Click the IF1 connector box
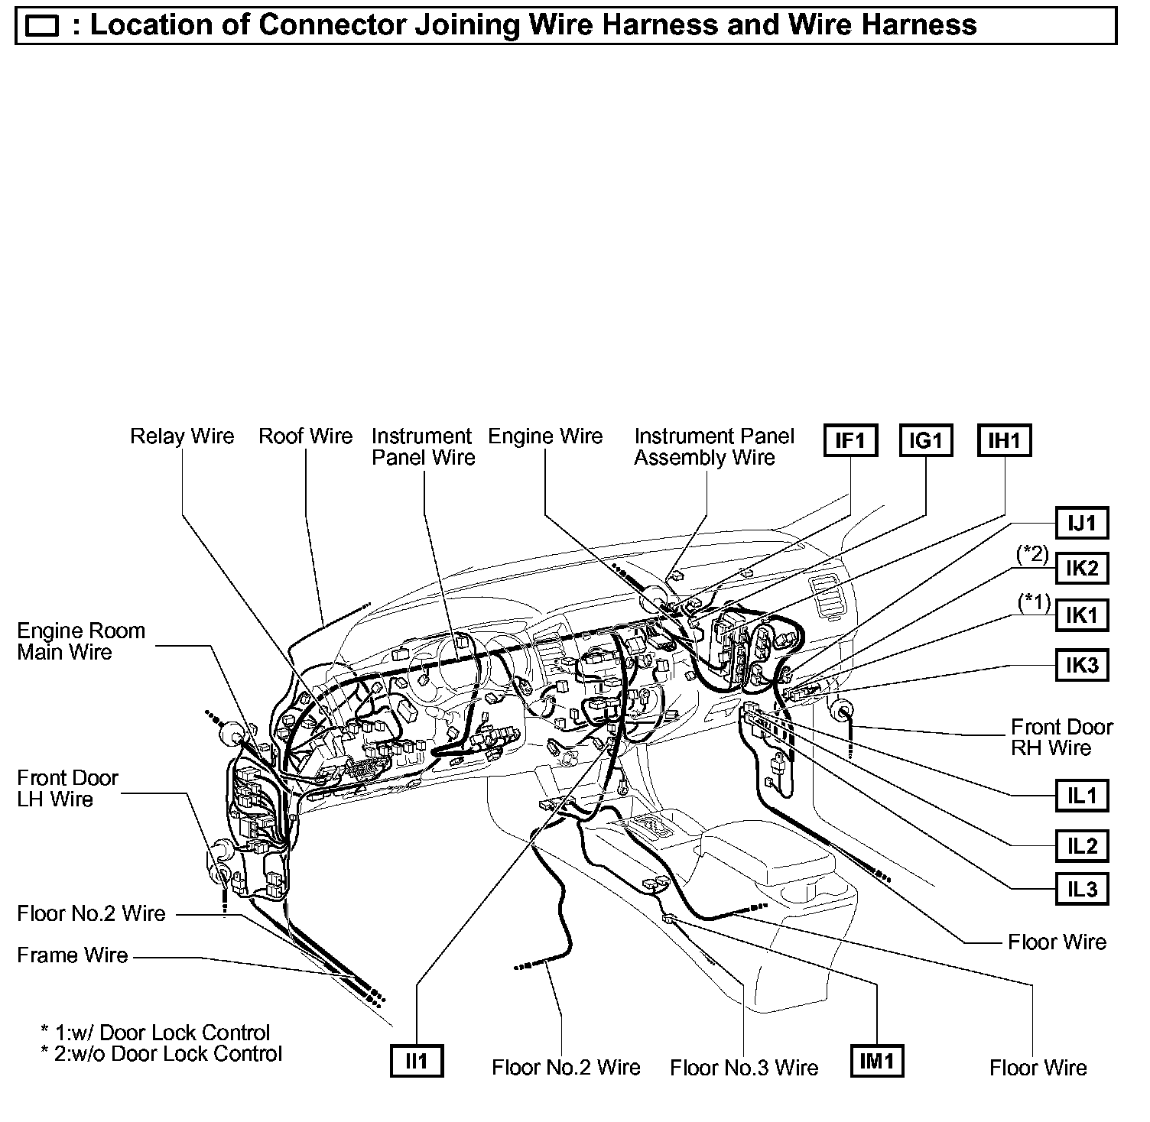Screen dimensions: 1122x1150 (x=850, y=441)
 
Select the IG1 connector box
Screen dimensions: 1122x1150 (x=926, y=441)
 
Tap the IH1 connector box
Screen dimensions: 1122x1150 (x=1004, y=441)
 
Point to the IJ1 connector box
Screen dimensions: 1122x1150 (x=1082, y=524)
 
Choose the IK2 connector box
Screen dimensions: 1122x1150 (x=1082, y=569)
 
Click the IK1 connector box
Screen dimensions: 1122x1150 (x=1082, y=615)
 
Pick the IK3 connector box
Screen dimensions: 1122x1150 (x=1082, y=666)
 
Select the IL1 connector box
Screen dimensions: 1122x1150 (x=1082, y=796)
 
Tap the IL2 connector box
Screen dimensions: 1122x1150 (x=1082, y=846)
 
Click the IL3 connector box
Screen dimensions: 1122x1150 (x=1082, y=889)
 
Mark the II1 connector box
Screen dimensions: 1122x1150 (x=417, y=1061)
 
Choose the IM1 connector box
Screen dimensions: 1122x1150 (x=876, y=1061)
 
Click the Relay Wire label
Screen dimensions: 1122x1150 (x=182, y=436)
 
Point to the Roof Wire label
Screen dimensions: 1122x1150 (x=305, y=436)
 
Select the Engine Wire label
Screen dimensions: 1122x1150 (x=545, y=436)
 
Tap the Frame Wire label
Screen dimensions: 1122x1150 (x=73, y=955)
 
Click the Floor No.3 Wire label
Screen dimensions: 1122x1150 (x=744, y=1068)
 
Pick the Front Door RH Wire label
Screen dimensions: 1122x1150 (x=1061, y=738)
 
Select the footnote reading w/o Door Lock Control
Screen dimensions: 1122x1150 (x=161, y=1054)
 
